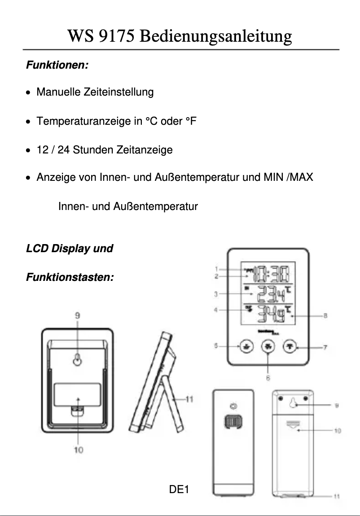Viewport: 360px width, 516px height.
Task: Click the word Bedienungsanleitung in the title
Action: [215, 36]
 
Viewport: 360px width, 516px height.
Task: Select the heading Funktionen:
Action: [57, 66]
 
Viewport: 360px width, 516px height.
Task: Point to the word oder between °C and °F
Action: [171, 121]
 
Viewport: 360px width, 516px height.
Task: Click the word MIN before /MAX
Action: [273, 178]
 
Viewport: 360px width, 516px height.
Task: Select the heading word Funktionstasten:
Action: [70, 277]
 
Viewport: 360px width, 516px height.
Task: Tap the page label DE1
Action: [179, 489]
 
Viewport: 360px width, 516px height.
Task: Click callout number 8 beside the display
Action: [325, 316]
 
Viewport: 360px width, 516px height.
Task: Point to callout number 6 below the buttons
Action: [268, 378]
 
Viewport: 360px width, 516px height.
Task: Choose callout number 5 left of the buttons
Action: [216, 345]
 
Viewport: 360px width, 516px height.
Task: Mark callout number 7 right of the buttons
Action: [325, 347]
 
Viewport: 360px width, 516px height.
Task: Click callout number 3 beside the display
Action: [216, 294]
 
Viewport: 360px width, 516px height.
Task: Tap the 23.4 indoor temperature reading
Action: [271, 294]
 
